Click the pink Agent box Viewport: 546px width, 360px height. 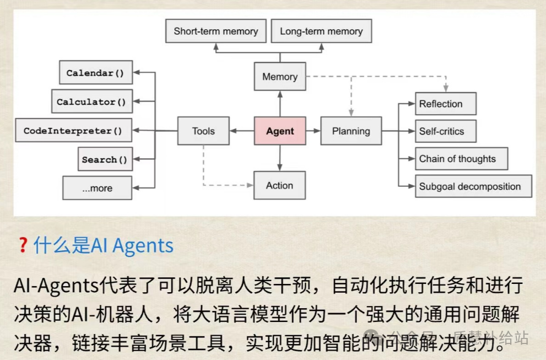tap(280, 131)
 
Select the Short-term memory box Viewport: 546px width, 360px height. tap(215, 31)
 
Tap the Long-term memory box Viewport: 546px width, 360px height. tap(321, 31)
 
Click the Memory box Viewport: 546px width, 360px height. tap(280, 77)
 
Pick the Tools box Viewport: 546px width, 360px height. tap(203, 131)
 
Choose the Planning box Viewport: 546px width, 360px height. tap(351, 131)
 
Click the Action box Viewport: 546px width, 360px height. tap(279, 185)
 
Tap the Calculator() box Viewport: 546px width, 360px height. tap(92, 101)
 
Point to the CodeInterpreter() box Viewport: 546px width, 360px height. tap(74, 131)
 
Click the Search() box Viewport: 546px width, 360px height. tap(105, 159)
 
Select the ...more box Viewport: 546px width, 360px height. tap(97, 188)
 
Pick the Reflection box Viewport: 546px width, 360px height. tap(445, 104)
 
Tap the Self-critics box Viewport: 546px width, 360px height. tap(445, 131)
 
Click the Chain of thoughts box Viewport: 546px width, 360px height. tap(461, 159)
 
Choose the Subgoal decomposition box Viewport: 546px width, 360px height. tap(473, 186)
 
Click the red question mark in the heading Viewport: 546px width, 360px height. tap(23, 245)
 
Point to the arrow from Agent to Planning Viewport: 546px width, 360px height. tap(313, 131)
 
